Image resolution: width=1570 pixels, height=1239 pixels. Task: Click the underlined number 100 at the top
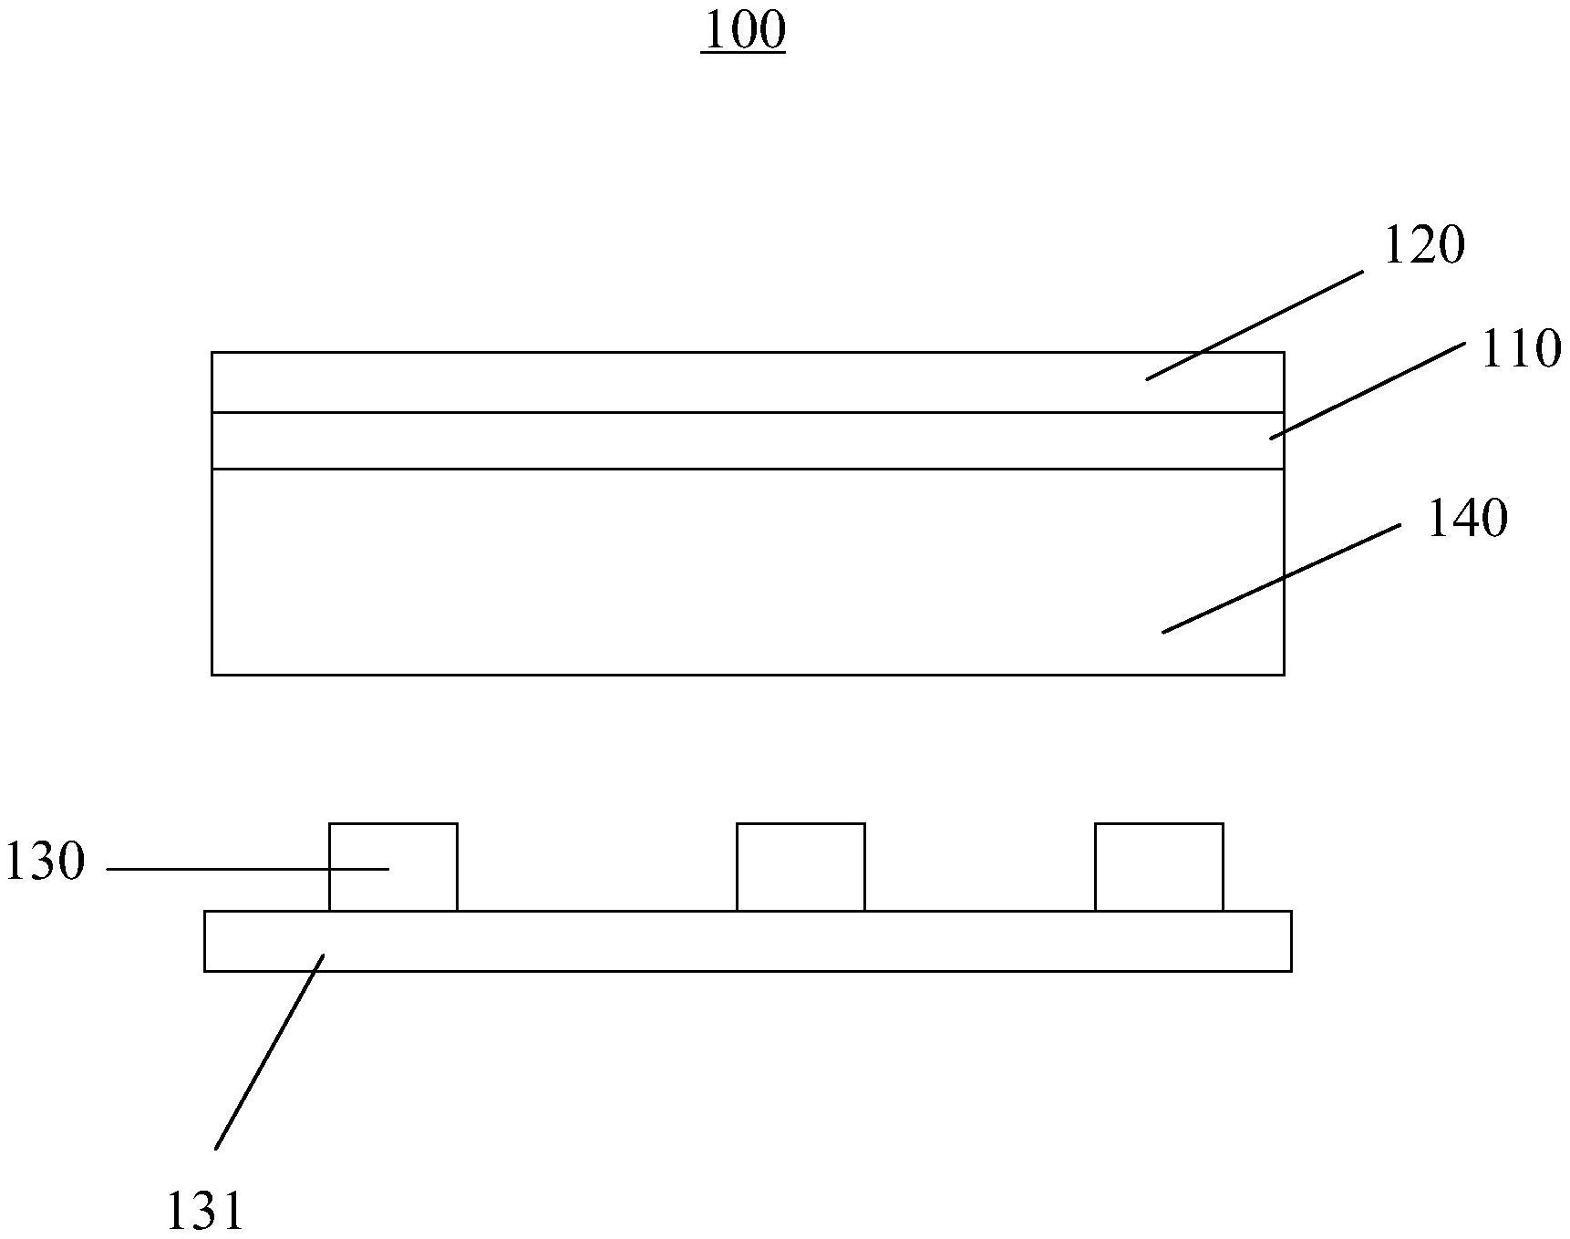[743, 31]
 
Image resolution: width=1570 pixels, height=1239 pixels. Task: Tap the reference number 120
[1423, 245]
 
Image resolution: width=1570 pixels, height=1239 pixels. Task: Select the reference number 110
[1520, 350]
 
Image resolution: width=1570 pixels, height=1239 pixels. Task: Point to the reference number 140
[1466, 519]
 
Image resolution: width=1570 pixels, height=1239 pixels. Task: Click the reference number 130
[46, 862]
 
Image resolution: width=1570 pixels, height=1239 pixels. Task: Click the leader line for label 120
[1254, 325]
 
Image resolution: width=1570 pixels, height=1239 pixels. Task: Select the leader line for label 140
[1281, 578]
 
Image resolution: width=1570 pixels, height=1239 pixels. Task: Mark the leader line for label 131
[269, 1051]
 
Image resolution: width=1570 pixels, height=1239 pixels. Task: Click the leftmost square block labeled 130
[419, 866]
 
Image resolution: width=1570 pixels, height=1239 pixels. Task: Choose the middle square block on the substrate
[800, 866]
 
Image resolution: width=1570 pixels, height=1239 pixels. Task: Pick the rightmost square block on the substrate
[1159, 866]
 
